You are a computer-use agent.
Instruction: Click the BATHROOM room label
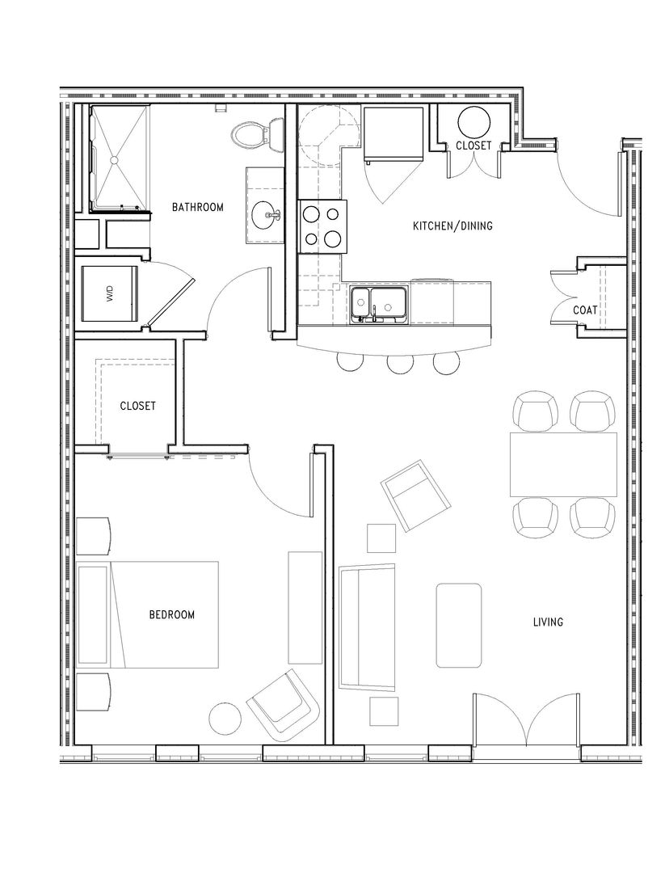pos(197,207)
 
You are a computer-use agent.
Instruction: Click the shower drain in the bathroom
pos(115,160)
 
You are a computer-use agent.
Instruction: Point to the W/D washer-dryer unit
pos(109,293)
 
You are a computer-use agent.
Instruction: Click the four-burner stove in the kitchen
pos(322,226)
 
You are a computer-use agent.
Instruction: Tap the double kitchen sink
pos(379,304)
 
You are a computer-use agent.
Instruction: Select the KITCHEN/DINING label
pos(452,226)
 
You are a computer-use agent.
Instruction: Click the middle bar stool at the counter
pos(401,364)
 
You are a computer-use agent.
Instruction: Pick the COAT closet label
pos(585,310)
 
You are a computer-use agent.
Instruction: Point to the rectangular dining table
pos(563,464)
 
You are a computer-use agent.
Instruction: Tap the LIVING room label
pos(548,622)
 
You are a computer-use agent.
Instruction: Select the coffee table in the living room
pos(458,625)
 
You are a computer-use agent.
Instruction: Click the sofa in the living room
pos(368,628)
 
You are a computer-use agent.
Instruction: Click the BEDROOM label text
pos(172,614)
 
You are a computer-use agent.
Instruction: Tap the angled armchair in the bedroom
pos(284,704)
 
